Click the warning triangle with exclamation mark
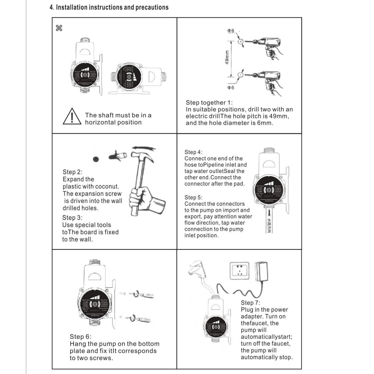click(x=72, y=117)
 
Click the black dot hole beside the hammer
click(x=96, y=159)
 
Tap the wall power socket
click(x=239, y=272)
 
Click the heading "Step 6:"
click(x=80, y=337)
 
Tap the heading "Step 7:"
click(x=250, y=303)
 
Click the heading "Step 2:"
click(x=72, y=172)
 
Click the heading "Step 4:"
click(x=193, y=152)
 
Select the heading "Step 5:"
click(x=193, y=197)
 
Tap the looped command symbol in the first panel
click(x=59, y=28)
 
